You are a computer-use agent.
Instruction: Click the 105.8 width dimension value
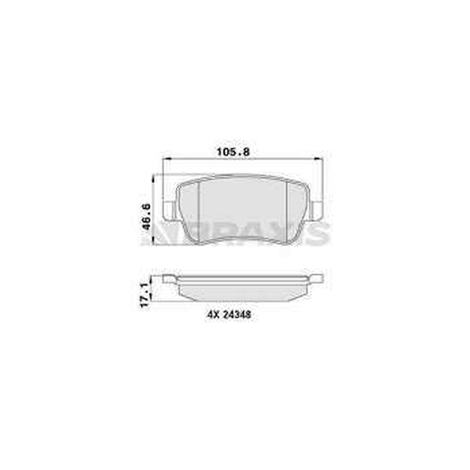tap(235, 152)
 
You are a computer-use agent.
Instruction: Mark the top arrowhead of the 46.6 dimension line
tap(153, 178)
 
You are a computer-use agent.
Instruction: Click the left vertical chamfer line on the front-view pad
tap(198, 211)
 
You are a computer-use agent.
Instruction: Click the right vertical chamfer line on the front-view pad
tap(288, 211)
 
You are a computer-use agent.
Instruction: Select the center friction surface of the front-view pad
tap(243, 207)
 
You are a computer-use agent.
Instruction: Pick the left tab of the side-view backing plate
tap(169, 278)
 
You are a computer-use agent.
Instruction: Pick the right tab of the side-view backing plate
tap(317, 278)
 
